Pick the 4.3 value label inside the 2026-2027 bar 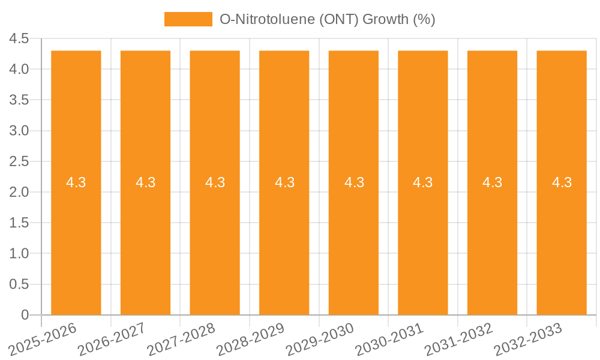146,182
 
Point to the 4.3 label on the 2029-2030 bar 354,182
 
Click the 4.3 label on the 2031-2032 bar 493,182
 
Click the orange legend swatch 188,19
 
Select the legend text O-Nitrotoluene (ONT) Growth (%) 327,19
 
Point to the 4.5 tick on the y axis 19,39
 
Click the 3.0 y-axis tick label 19,131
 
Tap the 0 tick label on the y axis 25,315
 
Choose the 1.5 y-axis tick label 19,223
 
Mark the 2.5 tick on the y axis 19,162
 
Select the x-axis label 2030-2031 390,339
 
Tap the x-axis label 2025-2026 44,339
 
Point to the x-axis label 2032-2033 529,339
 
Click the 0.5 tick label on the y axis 19,284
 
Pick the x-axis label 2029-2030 321,339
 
